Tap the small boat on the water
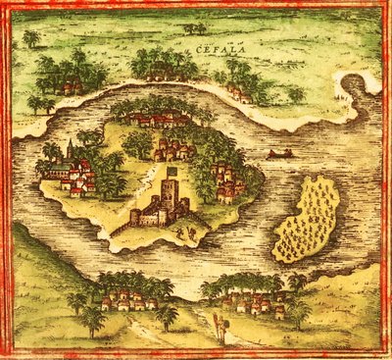(x=280, y=154)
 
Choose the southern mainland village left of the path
(x=122, y=298)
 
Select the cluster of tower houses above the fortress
(x=173, y=149)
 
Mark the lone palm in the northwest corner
(x=32, y=39)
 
